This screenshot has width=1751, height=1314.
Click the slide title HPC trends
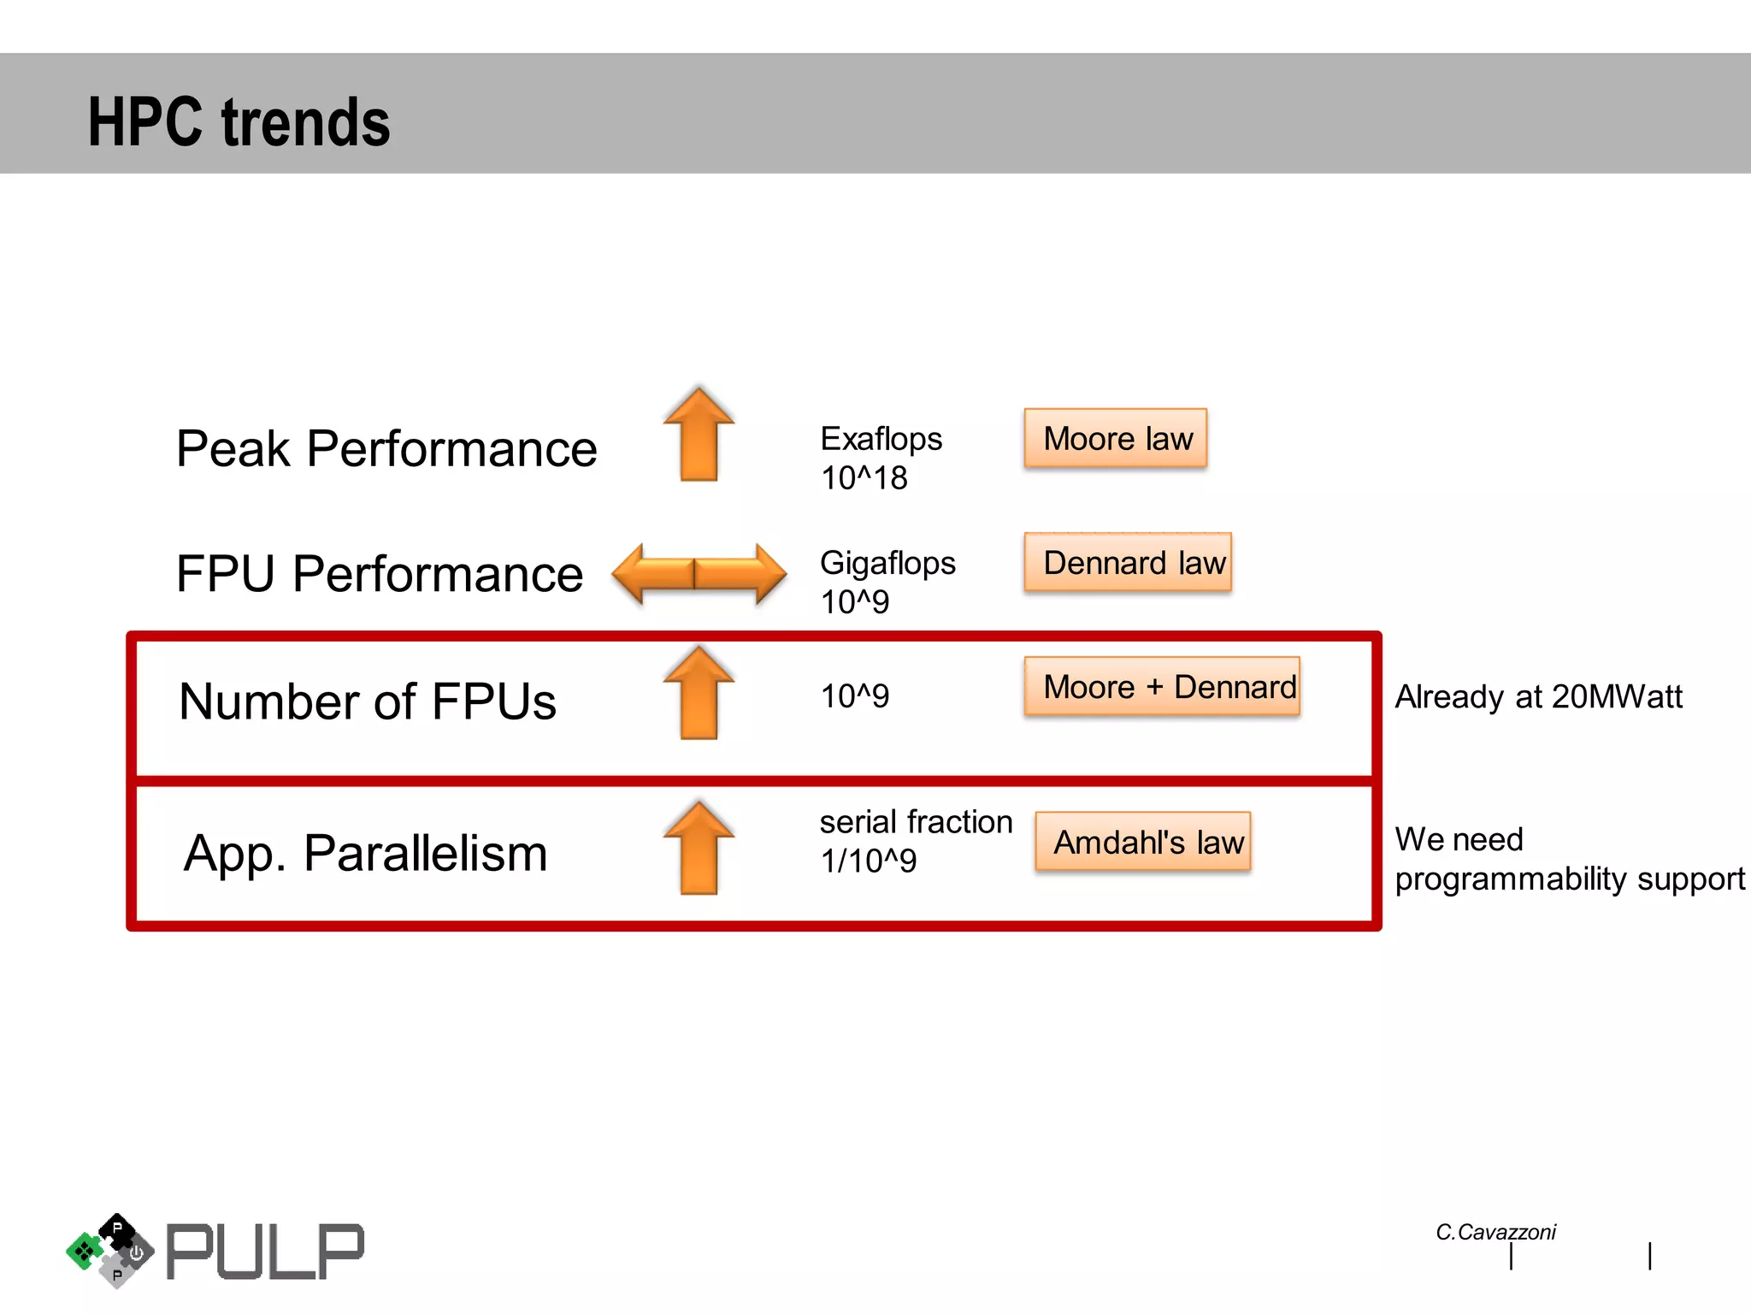click(239, 121)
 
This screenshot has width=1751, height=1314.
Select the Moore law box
click(1116, 439)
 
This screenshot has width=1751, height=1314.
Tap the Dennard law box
click(1128, 563)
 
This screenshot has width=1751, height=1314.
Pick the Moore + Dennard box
click(1162, 687)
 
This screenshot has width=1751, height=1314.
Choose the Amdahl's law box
click(1143, 843)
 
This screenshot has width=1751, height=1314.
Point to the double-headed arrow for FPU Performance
click(699, 573)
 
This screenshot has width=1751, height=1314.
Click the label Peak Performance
click(386, 448)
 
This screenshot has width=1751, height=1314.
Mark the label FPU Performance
click(380, 573)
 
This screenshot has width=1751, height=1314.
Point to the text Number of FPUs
click(368, 701)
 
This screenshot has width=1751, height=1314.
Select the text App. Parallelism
click(366, 853)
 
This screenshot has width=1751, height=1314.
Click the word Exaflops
click(881, 439)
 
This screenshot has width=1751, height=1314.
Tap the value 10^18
click(864, 478)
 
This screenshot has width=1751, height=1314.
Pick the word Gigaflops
click(887, 563)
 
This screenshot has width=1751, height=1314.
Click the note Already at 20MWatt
click(1538, 696)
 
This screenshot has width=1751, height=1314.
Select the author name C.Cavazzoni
click(1495, 1232)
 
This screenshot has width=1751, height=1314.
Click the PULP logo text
click(265, 1252)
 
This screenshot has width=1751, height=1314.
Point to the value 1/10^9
click(868, 861)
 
